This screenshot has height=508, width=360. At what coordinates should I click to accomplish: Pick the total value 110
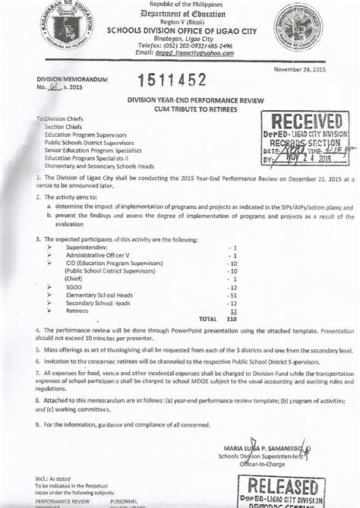(x=232, y=319)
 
